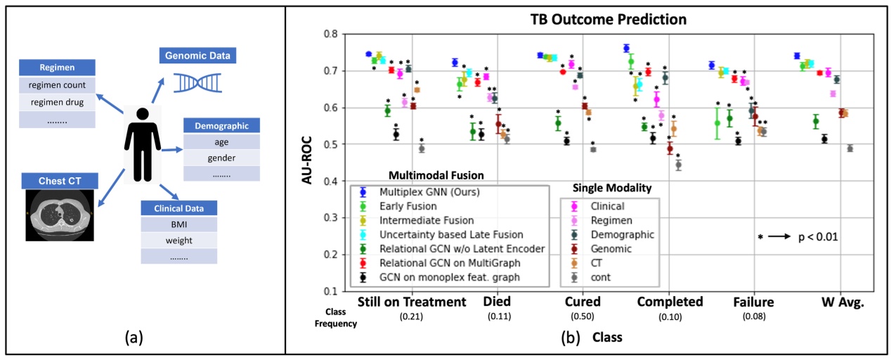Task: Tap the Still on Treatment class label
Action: point(412,302)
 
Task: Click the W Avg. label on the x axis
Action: point(842,302)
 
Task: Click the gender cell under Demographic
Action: point(221,157)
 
